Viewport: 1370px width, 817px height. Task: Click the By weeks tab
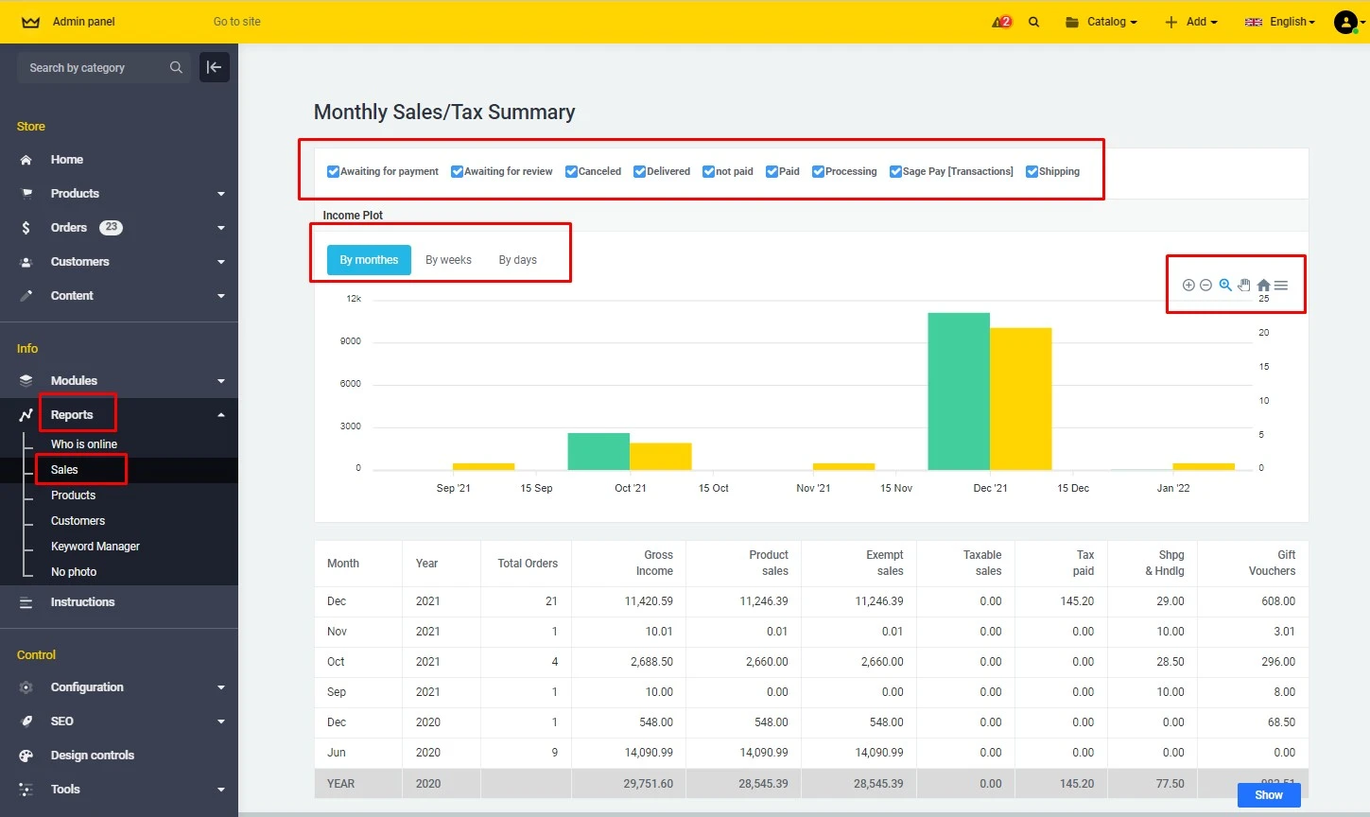click(448, 260)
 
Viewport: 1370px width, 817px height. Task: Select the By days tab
click(517, 260)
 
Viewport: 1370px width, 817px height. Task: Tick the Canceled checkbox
click(572, 171)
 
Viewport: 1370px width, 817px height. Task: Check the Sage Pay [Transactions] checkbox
click(895, 171)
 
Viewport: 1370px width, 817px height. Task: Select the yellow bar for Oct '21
click(660, 456)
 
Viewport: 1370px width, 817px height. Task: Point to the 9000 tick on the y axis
click(351, 341)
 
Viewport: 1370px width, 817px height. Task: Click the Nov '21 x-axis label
click(813, 488)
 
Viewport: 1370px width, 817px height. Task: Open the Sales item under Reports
click(64, 470)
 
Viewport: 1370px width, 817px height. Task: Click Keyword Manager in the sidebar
click(95, 547)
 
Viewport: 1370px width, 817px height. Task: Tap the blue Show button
click(1268, 795)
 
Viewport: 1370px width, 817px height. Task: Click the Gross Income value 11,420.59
click(649, 601)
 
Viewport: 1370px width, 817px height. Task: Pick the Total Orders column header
click(528, 564)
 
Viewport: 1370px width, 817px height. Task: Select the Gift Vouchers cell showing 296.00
click(1278, 662)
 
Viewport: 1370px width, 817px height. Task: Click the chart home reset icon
click(1263, 286)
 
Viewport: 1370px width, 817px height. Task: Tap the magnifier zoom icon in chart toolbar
click(1225, 286)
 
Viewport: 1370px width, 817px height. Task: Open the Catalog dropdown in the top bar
click(1101, 22)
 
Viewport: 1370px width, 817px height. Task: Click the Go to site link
click(236, 22)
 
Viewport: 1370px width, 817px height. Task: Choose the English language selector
click(1280, 22)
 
